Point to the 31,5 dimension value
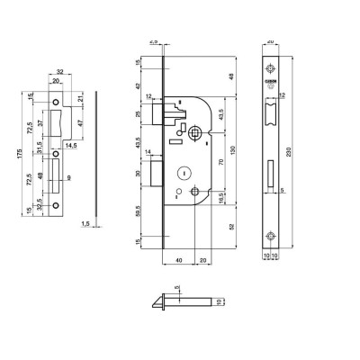pos(41,149)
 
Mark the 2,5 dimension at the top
pos(153,41)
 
